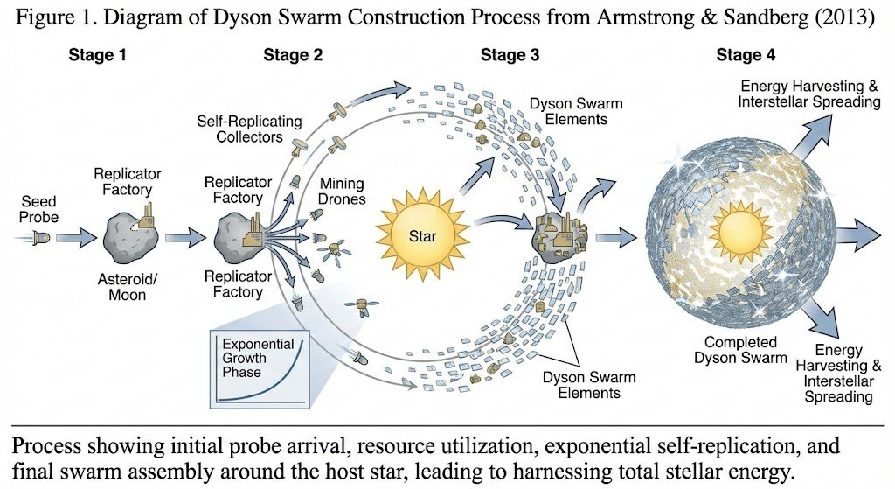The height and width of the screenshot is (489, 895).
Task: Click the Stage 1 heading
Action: click(x=97, y=56)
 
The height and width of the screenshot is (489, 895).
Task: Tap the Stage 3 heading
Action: click(x=510, y=56)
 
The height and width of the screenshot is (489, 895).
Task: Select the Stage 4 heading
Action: click(x=745, y=56)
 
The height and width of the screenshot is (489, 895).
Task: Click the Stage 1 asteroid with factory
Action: click(x=128, y=233)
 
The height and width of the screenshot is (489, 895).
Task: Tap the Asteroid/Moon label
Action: click(x=128, y=287)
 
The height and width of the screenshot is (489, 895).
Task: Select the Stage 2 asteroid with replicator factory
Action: click(x=238, y=234)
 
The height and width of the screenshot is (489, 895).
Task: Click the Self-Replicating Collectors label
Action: click(x=238, y=129)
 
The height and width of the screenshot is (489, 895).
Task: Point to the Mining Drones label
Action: click(x=342, y=192)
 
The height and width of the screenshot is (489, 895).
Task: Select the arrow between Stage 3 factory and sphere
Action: click(x=621, y=234)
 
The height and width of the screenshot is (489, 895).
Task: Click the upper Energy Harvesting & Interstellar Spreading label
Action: click(x=809, y=94)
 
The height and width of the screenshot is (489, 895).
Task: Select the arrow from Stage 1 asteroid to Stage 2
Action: click(x=184, y=235)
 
